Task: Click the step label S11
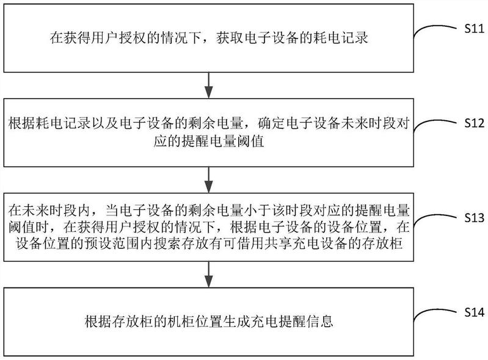pos(475,29)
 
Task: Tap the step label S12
pos(475,123)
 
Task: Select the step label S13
pos(475,218)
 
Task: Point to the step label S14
pos(475,312)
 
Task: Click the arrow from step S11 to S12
pos(209,85)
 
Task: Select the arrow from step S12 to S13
pos(209,180)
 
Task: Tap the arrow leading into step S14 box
pos(209,275)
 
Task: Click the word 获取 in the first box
pos(230,38)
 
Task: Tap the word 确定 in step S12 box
pos(272,123)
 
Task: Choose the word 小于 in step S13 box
pos(257,211)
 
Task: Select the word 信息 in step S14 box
pos(319,321)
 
